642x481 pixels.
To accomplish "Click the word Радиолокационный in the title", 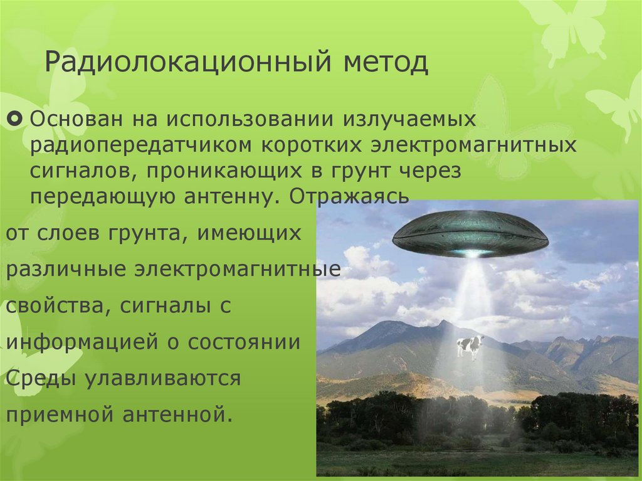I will [x=187, y=63].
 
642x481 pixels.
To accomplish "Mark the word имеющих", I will [x=250, y=234].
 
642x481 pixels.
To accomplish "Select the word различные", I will [x=66, y=270].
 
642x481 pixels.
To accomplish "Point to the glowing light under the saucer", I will [x=471, y=253].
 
